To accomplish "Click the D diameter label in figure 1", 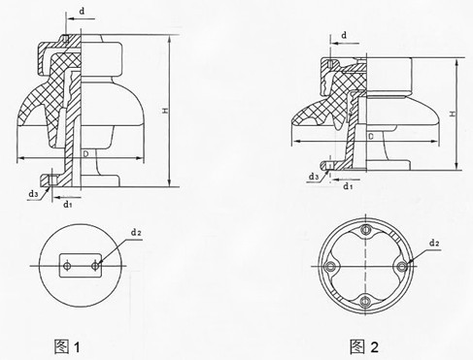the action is tap(86, 151).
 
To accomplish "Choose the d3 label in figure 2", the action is tap(314, 176).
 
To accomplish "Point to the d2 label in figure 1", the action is tap(136, 233).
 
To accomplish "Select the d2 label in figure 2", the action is tap(435, 240).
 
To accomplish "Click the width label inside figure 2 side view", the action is tap(373, 138).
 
